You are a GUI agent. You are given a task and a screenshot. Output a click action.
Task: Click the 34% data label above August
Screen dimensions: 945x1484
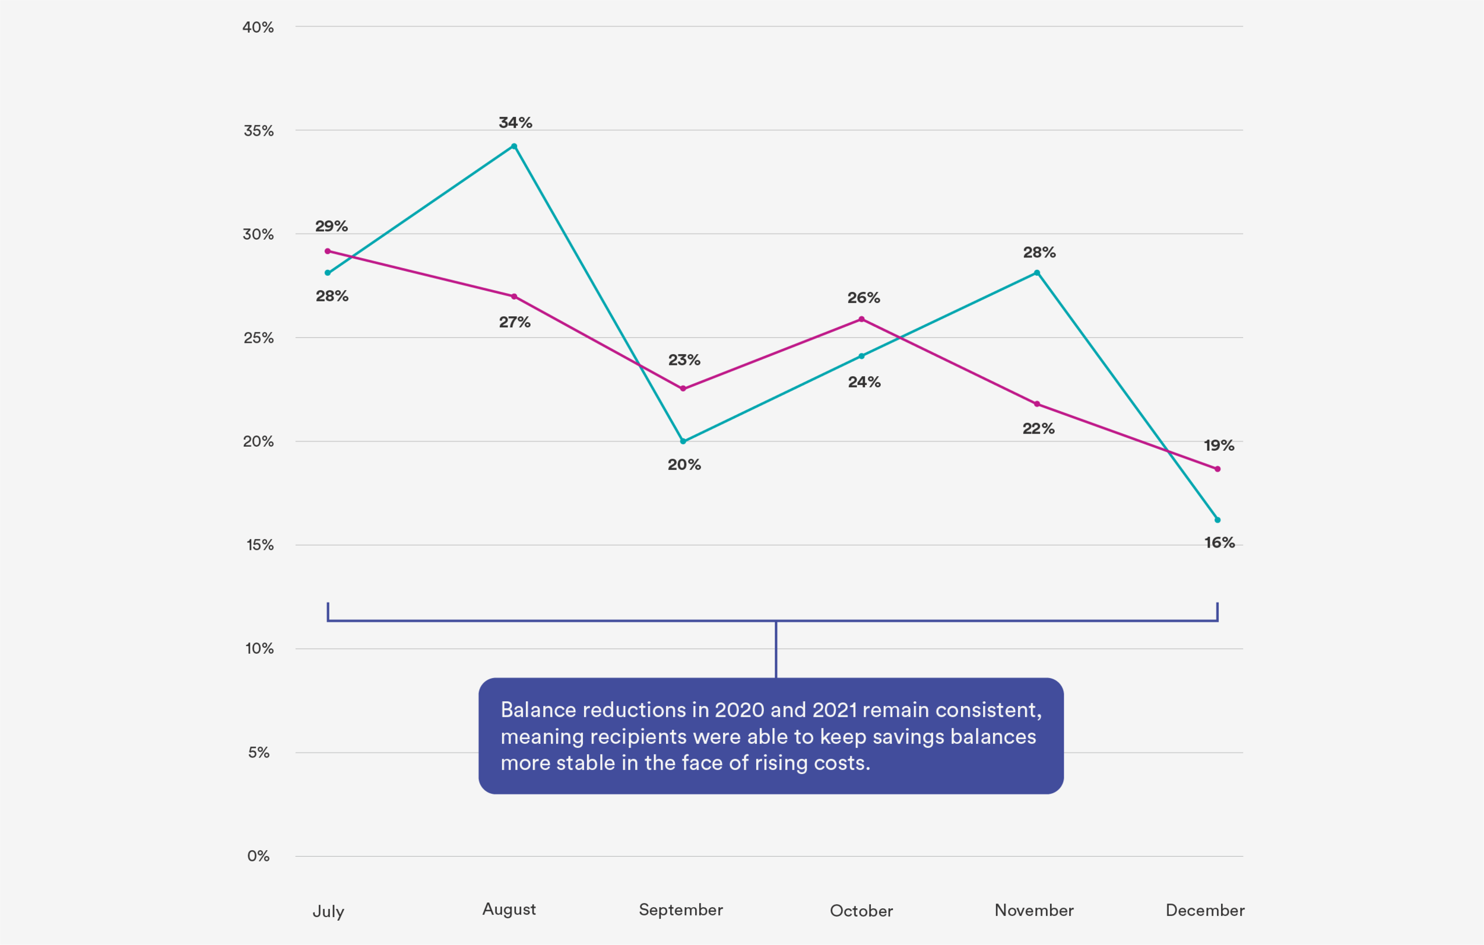515,123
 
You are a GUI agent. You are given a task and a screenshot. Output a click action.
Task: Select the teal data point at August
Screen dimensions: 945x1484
514,146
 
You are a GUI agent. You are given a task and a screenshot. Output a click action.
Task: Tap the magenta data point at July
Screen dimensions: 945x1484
328,252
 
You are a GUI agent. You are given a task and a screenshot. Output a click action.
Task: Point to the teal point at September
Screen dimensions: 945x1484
683,441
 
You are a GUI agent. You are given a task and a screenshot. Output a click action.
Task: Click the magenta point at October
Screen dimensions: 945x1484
861,319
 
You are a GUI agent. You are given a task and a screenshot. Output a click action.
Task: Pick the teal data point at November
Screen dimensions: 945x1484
1037,273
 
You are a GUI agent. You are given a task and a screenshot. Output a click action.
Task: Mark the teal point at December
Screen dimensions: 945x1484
1217,520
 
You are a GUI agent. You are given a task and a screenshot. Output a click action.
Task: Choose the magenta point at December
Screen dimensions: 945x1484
1217,469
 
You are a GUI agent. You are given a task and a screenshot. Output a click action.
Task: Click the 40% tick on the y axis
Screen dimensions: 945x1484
258,27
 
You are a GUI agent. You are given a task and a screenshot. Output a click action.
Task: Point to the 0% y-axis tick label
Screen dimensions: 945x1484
258,855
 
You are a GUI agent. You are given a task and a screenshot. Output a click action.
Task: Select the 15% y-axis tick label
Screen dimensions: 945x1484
259,545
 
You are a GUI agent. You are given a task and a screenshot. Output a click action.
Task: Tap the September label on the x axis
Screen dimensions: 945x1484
680,910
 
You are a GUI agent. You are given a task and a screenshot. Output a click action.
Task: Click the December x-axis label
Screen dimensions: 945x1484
1205,911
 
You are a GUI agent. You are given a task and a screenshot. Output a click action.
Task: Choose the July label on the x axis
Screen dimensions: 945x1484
328,911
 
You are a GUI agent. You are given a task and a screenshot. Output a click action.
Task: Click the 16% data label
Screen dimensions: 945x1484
1220,543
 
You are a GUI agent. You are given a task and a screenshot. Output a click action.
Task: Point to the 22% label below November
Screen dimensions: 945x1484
1038,429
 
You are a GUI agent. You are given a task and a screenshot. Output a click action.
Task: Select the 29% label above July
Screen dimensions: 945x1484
332,226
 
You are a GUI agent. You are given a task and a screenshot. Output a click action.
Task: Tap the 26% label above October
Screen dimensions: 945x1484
864,298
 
